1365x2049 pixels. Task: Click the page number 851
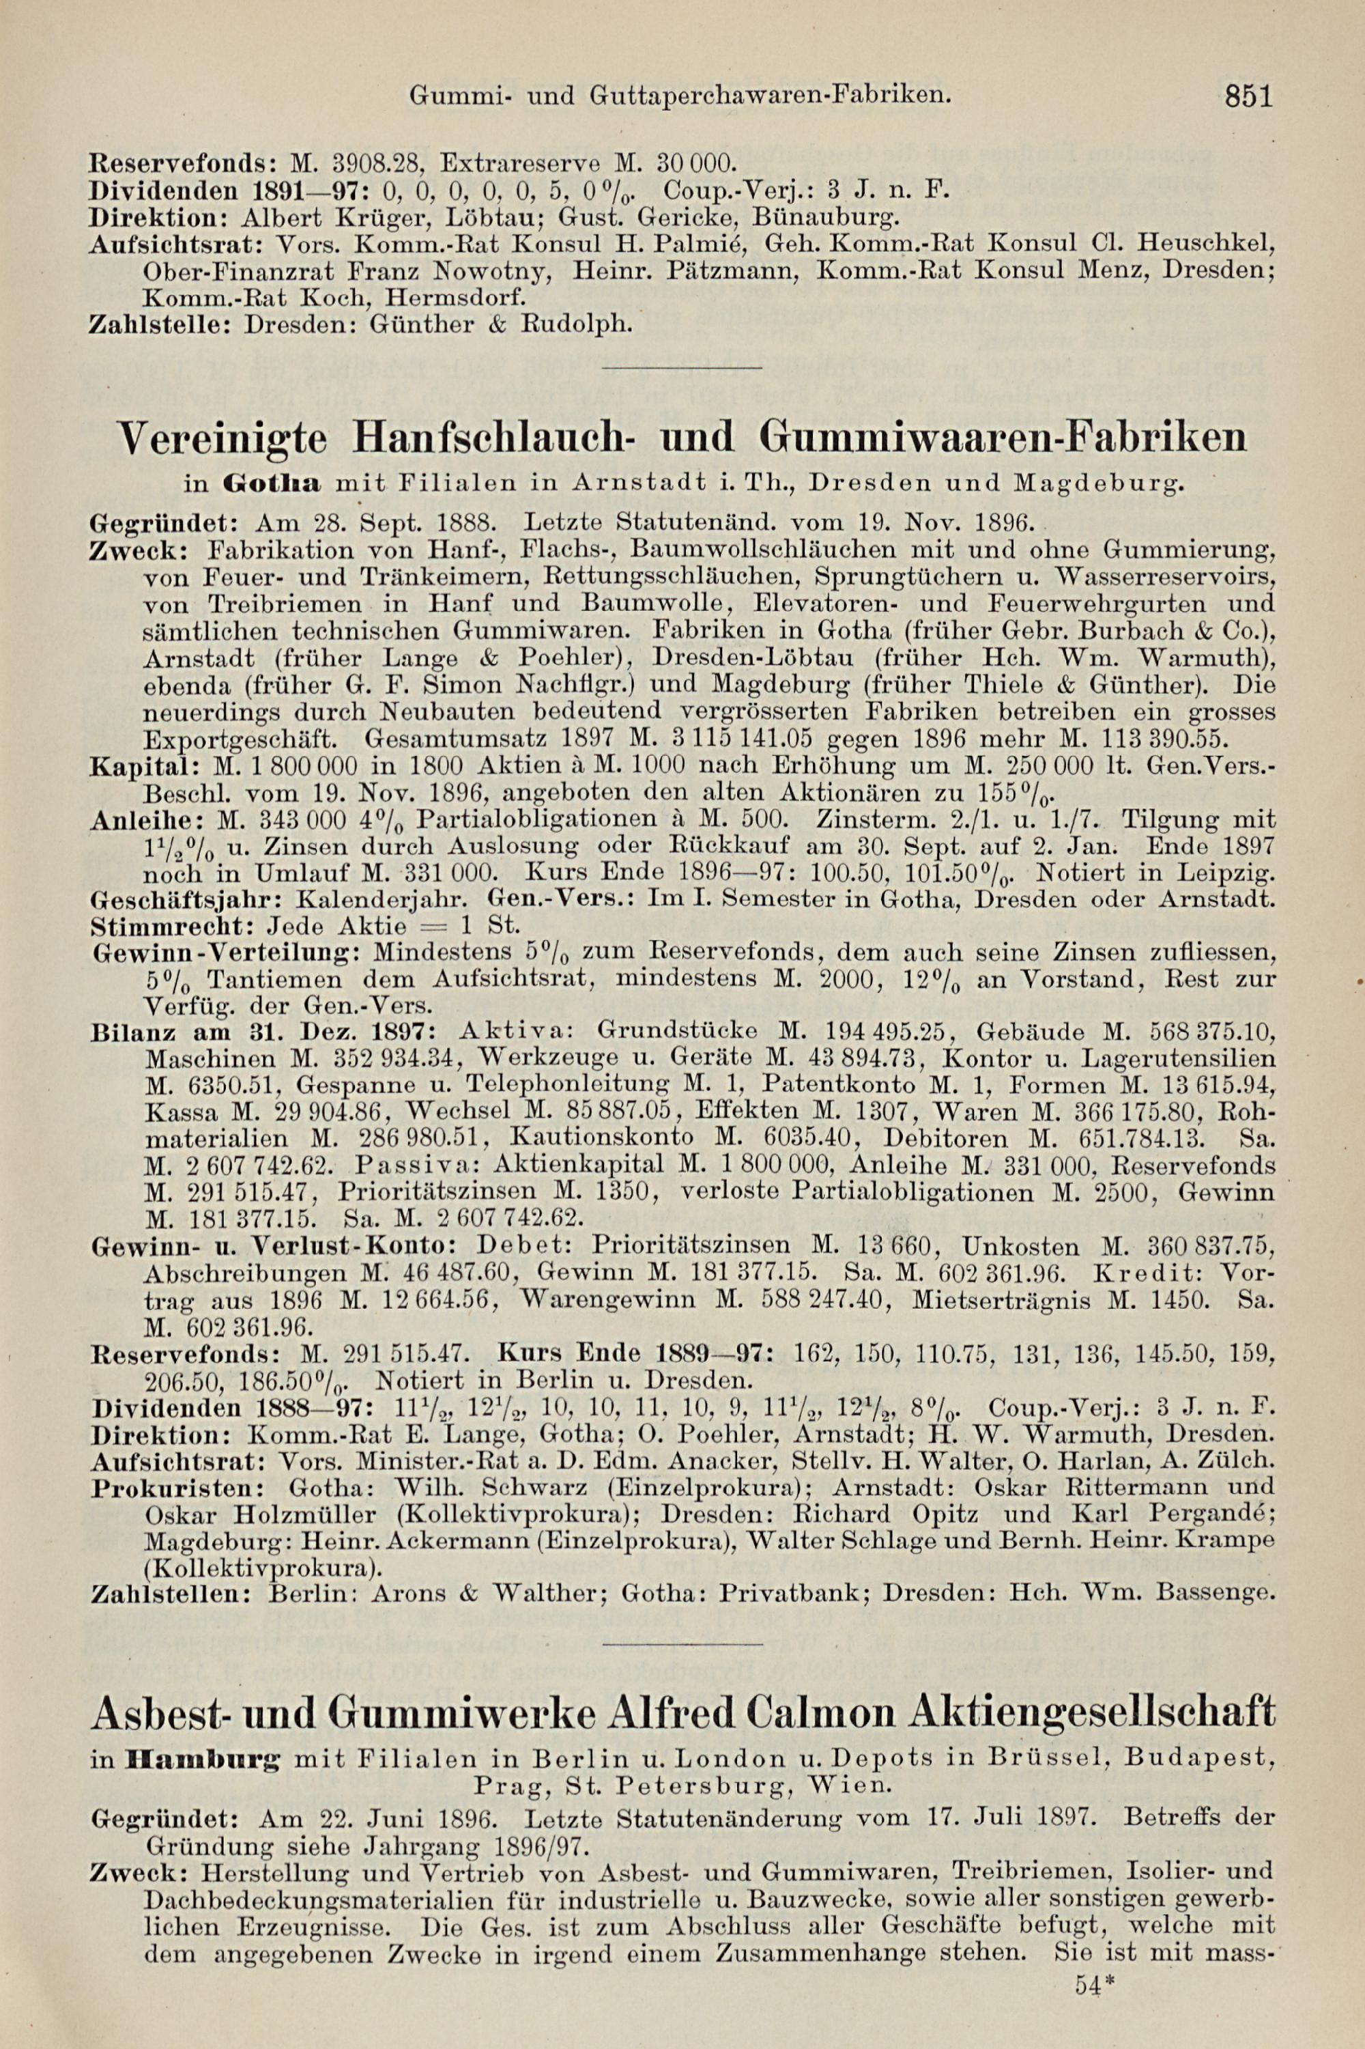[1248, 95]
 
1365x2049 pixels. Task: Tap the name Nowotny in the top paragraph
[493, 271]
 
